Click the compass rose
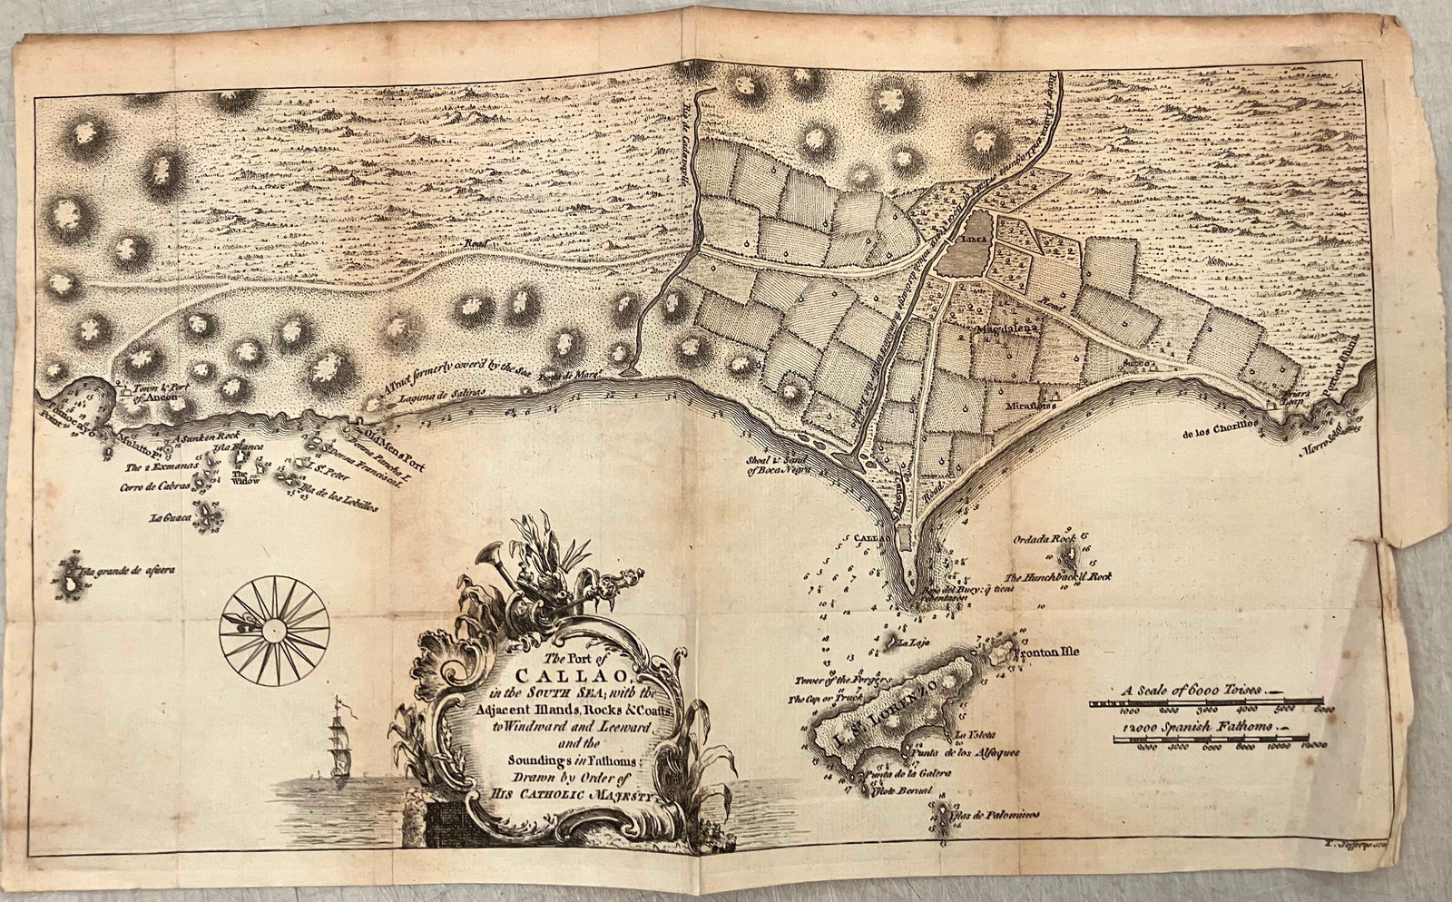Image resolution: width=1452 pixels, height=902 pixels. [273, 625]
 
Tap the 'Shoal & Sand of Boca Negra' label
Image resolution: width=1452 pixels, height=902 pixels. [777, 464]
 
